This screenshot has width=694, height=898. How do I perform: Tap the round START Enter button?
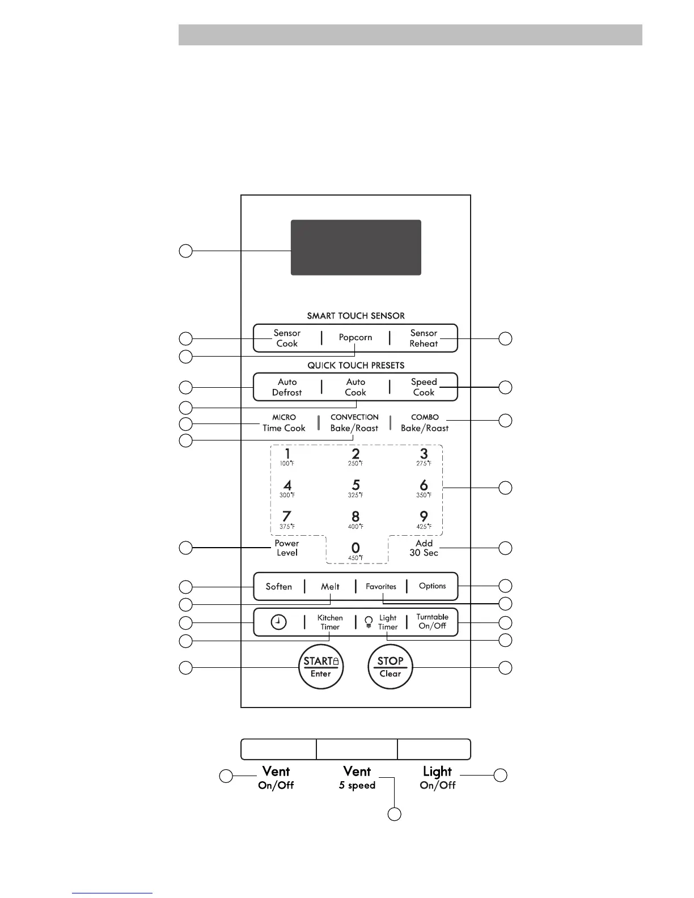[321, 667]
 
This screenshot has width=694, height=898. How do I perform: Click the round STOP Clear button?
[390, 667]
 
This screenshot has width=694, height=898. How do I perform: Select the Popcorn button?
[356, 338]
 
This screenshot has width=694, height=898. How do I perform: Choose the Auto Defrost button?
[287, 387]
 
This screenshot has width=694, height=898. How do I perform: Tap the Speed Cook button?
[424, 387]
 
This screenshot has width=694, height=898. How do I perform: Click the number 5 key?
[356, 488]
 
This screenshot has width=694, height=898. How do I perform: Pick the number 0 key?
[356, 550]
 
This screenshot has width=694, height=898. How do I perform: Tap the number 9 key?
[424, 519]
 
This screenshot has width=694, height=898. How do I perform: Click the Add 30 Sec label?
[424, 548]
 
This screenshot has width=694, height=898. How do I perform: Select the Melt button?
[330, 587]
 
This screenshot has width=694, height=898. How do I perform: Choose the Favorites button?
[381, 587]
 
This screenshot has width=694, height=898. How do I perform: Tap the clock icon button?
[279, 622]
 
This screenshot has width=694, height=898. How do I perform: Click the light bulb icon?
[369, 622]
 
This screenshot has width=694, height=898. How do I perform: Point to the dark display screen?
[356, 248]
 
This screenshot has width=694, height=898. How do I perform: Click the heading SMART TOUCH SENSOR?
[356, 316]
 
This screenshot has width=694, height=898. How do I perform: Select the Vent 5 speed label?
[357, 777]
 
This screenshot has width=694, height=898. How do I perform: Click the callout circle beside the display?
[185, 251]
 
